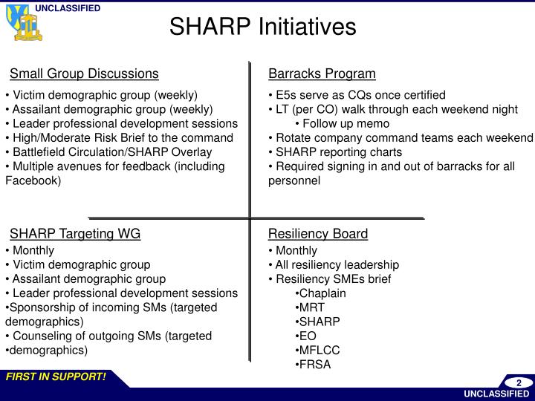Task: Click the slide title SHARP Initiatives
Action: [262, 27]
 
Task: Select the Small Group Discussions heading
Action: [84, 74]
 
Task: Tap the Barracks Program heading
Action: [322, 74]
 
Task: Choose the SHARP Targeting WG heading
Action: [75, 234]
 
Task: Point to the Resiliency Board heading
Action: [318, 234]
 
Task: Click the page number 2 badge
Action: [519, 382]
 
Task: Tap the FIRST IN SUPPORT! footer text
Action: [56, 377]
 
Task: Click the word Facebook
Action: [33, 180]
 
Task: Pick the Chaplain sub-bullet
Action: [320, 293]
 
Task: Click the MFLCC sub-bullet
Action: [317, 350]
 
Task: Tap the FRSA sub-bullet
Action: [313, 364]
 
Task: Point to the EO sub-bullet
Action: [305, 336]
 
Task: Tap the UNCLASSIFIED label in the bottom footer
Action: [496, 394]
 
